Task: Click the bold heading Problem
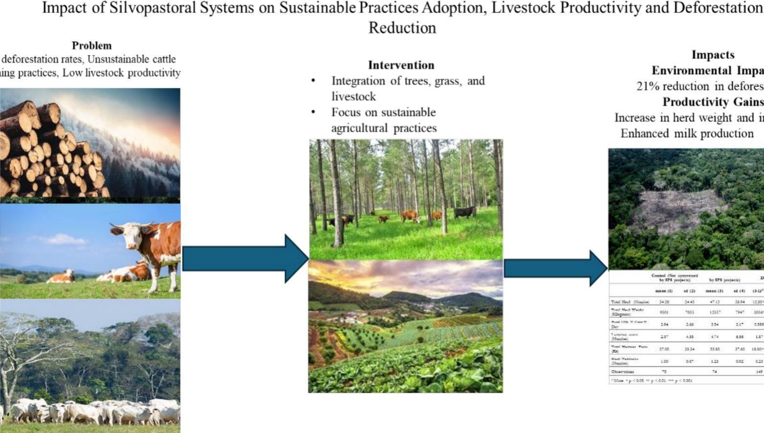click(91, 45)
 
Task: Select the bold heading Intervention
click(401, 65)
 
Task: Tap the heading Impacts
click(713, 55)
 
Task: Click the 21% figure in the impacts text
click(646, 87)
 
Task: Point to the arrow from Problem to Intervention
click(244, 259)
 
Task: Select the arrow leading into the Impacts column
click(555, 268)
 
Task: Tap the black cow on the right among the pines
click(464, 212)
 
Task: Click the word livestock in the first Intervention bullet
click(353, 96)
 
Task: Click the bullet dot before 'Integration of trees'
click(313, 81)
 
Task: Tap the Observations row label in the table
click(622, 371)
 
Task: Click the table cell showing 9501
click(663, 312)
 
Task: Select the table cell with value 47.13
click(714, 302)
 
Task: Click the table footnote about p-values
click(651, 380)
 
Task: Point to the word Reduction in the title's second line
click(402, 28)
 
